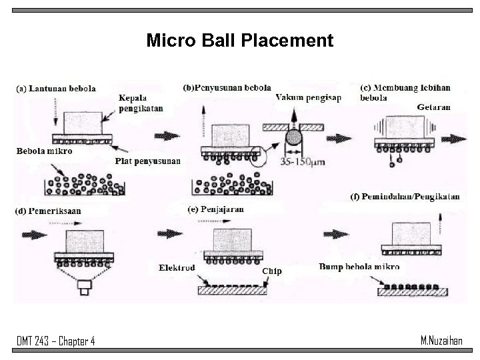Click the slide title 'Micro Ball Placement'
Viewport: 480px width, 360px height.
tap(239, 41)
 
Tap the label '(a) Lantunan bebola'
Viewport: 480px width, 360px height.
tap(56, 88)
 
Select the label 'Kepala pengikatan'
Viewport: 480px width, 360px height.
tap(141, 103)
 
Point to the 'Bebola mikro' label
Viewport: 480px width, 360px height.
tap(45, 151)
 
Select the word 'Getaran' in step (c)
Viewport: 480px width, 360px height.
tap(433, 107)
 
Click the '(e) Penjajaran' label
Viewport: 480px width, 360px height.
tap(215, 209)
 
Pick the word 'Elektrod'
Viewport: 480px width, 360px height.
tap(177, 268)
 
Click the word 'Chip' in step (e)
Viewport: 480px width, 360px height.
tap(271, 271)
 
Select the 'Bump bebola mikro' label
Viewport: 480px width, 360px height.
tap(359, 267)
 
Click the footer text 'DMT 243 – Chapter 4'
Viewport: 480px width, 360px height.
tap(56, 341)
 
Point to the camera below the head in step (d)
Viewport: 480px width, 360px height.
tap(85, 289)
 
